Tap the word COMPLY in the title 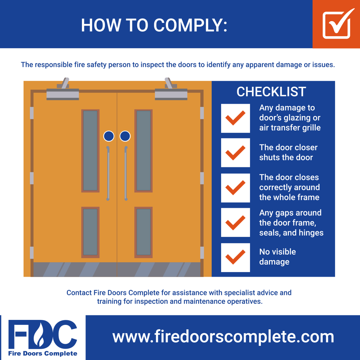(190, 25)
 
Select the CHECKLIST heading (271, 92)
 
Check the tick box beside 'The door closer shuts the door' (235, 153)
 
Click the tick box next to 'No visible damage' (235, 257)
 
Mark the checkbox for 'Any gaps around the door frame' (235, 222)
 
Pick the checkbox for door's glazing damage (235, 118)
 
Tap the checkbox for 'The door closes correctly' (235, 188)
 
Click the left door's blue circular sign (109, 136)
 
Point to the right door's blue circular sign (125, 136)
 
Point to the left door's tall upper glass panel (90, 151)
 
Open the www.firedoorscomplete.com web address (223, 337)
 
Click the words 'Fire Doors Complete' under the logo (43, 353)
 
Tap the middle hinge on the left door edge (32, 178)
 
